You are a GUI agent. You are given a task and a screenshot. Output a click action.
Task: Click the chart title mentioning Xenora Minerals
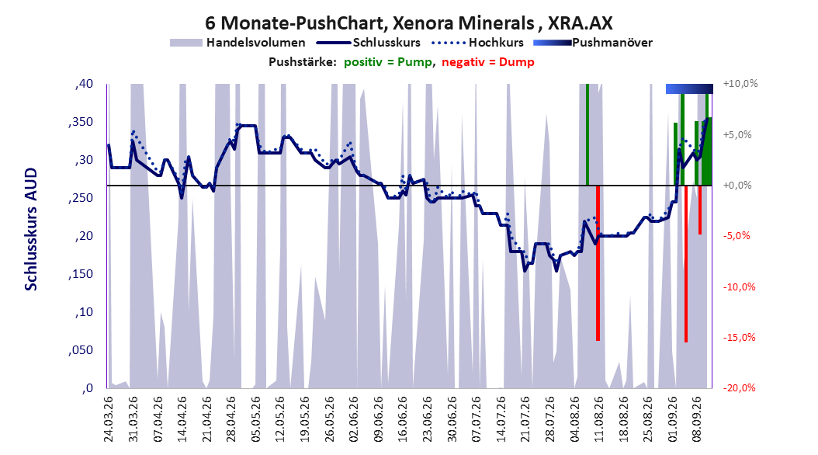408,23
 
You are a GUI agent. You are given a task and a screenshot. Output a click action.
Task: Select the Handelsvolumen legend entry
238,43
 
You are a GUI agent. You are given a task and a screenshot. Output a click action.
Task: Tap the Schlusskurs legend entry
369,43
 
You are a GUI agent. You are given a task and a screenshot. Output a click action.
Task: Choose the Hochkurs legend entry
478,43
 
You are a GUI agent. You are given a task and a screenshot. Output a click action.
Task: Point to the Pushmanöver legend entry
593,43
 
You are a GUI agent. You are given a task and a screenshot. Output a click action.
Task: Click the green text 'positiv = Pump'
387,62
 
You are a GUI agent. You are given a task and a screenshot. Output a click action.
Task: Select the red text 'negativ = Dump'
488,62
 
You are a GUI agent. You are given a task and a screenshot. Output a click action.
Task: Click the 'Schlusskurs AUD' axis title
31,230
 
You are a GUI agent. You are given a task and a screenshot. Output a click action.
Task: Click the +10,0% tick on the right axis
740,84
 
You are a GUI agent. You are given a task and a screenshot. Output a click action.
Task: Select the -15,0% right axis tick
739,338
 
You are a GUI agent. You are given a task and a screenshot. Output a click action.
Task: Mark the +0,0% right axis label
737,186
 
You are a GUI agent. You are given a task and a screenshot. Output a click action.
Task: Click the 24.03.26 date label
109,419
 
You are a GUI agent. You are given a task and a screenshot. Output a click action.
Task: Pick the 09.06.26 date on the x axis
380,419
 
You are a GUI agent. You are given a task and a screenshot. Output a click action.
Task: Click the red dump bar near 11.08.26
598,263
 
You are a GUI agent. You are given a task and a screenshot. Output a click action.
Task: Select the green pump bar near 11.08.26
588,134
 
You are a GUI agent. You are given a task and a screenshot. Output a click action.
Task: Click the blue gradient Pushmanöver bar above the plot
689,89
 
